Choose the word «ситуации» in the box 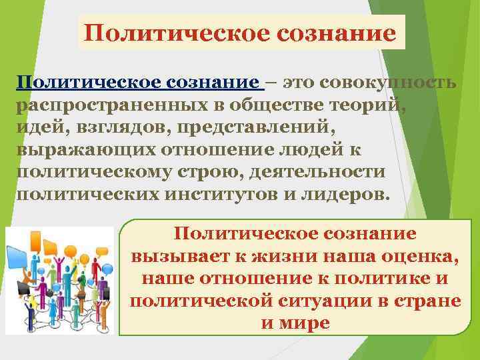[331, 300]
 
